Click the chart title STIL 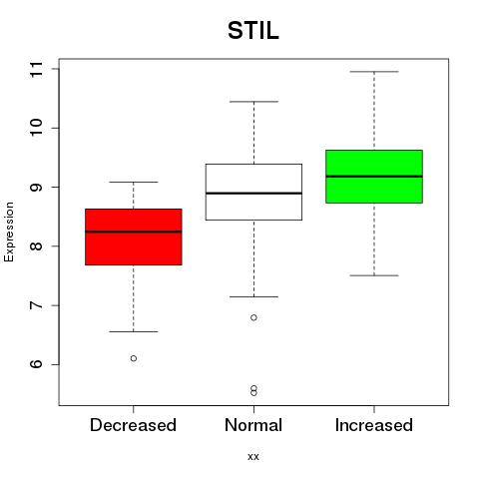click(253, 31)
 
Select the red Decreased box click(134, 237)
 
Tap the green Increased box click(374, 177)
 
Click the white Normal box click(253, 192)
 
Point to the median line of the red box click(134, 232)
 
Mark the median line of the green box click(374, 177)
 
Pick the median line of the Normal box click(253, 193)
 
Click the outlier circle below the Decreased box click(134, 358)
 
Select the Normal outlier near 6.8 click(253, 317)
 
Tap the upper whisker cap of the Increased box click(374, 72)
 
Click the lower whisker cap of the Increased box click(374, 275)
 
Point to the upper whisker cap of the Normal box click(253, 102)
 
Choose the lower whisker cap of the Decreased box click(134, 331)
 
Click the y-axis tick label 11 click(37, 69)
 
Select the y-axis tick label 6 click(37, 363)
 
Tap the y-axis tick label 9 click(37, 187)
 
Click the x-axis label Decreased click(133, 425)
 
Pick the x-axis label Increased click(374, 425)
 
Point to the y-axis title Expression click(9, 232)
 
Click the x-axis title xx click(253, 457)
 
